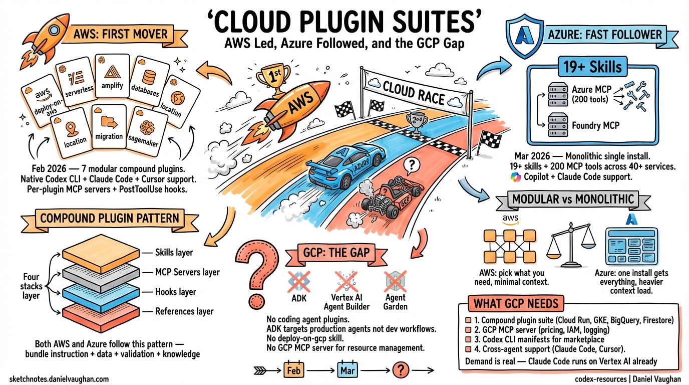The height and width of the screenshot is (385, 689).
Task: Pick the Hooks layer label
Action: coord(175,292)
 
